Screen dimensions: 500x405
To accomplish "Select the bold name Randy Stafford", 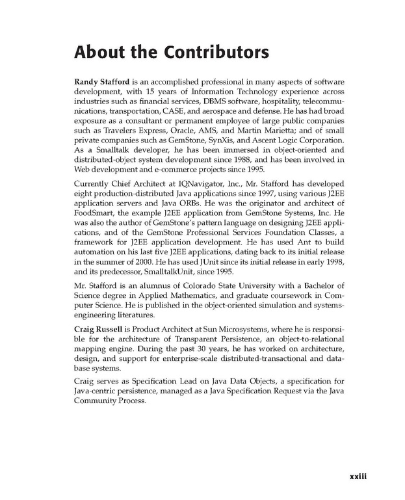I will click(x=103, y=84).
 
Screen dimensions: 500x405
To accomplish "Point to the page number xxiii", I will click(x=358, y=477).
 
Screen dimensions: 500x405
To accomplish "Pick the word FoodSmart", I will click(x=96, y=215).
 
